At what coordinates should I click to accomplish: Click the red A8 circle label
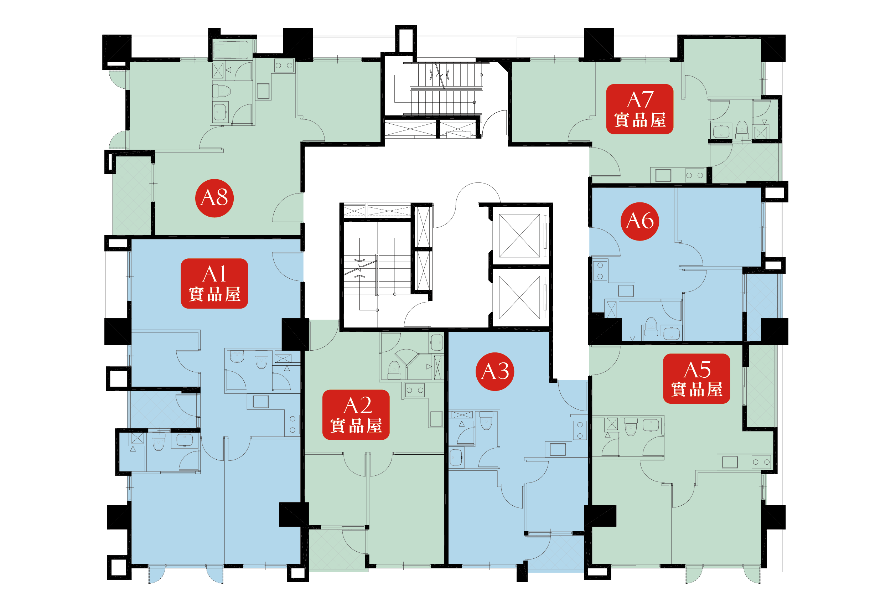(x=214, y=198)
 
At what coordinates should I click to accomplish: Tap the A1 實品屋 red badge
(x=214, y=283)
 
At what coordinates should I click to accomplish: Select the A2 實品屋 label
(x=356, y=414)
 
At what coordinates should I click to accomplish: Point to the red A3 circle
(x=495, y=371)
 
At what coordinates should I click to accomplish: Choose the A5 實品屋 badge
(x=696, y=378)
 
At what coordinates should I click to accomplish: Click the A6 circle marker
(x=640, y=221)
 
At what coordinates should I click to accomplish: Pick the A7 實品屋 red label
(x=640, y=109)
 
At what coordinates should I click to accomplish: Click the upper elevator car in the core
(x=519, y=236)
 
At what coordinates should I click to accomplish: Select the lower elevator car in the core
(x=519, y=297)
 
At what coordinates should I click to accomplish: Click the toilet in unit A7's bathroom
(x=742, y=130)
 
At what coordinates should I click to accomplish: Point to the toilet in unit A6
(x=651, y=326)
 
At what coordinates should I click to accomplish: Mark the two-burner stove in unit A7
(x=695, y=175)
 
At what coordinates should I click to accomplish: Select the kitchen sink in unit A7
(x=663, y=175)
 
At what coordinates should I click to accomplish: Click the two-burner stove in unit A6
(x=600, y=270)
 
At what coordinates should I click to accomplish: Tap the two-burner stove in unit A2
(x=415, y=390)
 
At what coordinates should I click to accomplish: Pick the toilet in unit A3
(x=486, y=420)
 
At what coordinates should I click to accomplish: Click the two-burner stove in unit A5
(x=761, y=462)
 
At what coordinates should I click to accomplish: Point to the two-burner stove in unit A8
(x=284, y=66)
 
